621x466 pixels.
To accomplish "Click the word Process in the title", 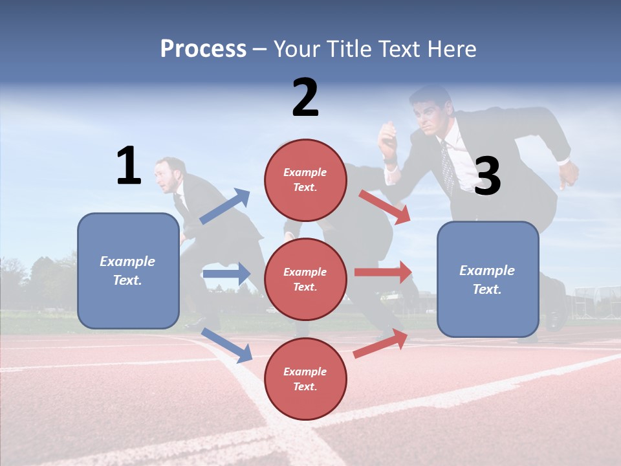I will (203, 49).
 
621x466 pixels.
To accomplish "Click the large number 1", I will (129, 166).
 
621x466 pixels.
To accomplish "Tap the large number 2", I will (305, 98).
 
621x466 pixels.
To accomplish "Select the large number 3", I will (487, 176).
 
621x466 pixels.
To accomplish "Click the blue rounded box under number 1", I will (128, 271).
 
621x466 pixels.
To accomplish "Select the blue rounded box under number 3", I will (488, 280).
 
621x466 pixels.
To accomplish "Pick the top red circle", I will (305, 180).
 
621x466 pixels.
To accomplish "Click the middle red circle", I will (305, 280).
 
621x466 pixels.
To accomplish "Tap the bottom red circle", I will (305, 379).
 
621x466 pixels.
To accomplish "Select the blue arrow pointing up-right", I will (225, 206).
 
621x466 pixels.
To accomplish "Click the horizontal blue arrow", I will (226, 274).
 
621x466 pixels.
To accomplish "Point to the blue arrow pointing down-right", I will (226, 345).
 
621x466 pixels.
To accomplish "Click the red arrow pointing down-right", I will (385, 206).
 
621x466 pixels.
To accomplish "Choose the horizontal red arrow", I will (383, 272).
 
